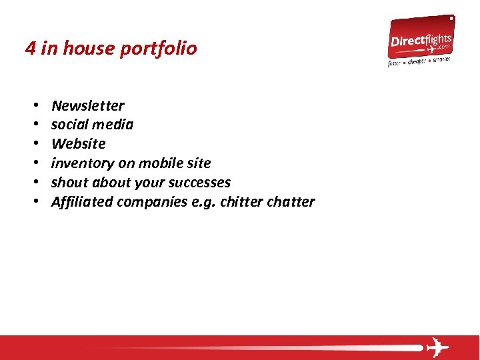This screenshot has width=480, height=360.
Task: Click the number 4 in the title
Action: [x=30, y=49]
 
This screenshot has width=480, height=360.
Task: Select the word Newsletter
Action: [x=87, y=105]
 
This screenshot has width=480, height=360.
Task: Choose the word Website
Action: [x=78, y=144]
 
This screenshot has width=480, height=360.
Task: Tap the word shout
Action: [x=70, y=183]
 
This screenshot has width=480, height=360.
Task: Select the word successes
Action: [x=199, y=183]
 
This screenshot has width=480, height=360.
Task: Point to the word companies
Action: [x=152, y=202]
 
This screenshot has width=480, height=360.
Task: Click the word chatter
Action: [x=290, y=202]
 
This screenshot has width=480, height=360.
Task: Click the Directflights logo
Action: [x=421, y=41]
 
